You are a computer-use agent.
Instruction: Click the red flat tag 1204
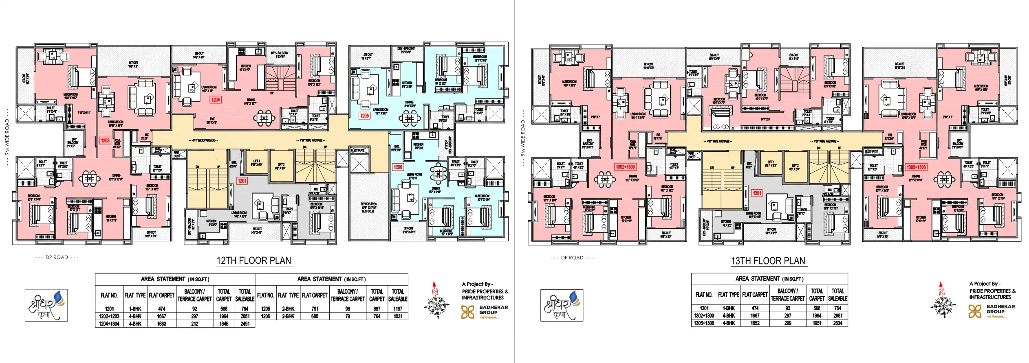point(216,99)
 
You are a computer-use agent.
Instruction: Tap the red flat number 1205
point(364,116)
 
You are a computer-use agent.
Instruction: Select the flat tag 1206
point(398,167)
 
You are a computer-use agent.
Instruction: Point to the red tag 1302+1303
point(625,167)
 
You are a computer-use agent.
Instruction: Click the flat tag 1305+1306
point(916,167)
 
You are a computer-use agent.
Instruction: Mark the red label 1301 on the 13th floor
point(757,193)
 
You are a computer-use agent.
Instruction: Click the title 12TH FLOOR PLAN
point(253,260)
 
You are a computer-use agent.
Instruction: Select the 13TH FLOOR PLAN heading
point(768,261)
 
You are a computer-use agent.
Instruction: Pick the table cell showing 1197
point(398,309)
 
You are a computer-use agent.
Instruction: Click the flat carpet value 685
point(315,316)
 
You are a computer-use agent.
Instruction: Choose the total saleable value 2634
point(837,323)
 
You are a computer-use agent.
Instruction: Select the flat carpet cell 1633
point(161,324)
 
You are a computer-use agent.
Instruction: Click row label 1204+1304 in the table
point(109,324)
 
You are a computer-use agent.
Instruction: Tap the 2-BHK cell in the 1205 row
point(288,309)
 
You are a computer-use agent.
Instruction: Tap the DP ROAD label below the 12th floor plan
point(57,257)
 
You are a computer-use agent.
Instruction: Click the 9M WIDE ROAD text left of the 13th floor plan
point(523,138)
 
